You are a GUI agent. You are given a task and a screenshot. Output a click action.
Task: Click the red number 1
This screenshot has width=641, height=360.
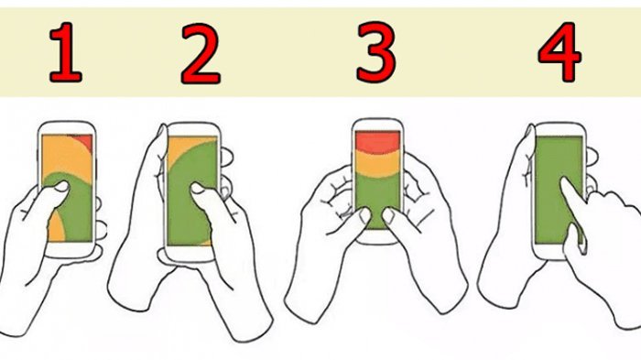coord(65,52)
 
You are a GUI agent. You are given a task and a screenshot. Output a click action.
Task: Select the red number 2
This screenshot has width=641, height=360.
coord(201,54)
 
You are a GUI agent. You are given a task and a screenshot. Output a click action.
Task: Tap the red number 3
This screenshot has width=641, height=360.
coord(375,51)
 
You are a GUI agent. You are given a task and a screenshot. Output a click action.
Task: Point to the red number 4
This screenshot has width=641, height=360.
coord(560,51)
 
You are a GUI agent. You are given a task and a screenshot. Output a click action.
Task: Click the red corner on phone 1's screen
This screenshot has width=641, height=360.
coord(85,140)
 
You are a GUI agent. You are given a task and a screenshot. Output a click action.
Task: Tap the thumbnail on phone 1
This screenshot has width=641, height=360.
coord(62,187)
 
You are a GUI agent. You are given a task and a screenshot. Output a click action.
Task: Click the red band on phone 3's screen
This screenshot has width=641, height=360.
coord(377,142)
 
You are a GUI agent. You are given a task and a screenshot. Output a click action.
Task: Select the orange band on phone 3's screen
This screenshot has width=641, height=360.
coord(377,163)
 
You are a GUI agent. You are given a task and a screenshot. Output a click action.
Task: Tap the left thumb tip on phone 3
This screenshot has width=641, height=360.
coord(364,214)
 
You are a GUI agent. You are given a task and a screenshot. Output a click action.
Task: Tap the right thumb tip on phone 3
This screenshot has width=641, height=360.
coord(388,214)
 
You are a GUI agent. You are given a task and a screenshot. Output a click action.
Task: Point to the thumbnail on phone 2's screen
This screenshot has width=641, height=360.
coord(198,188)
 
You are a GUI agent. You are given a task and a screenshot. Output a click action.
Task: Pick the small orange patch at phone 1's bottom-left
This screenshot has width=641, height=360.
coord(55,227)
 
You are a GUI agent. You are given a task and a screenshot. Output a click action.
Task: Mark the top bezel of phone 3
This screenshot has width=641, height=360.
coord(377,125)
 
